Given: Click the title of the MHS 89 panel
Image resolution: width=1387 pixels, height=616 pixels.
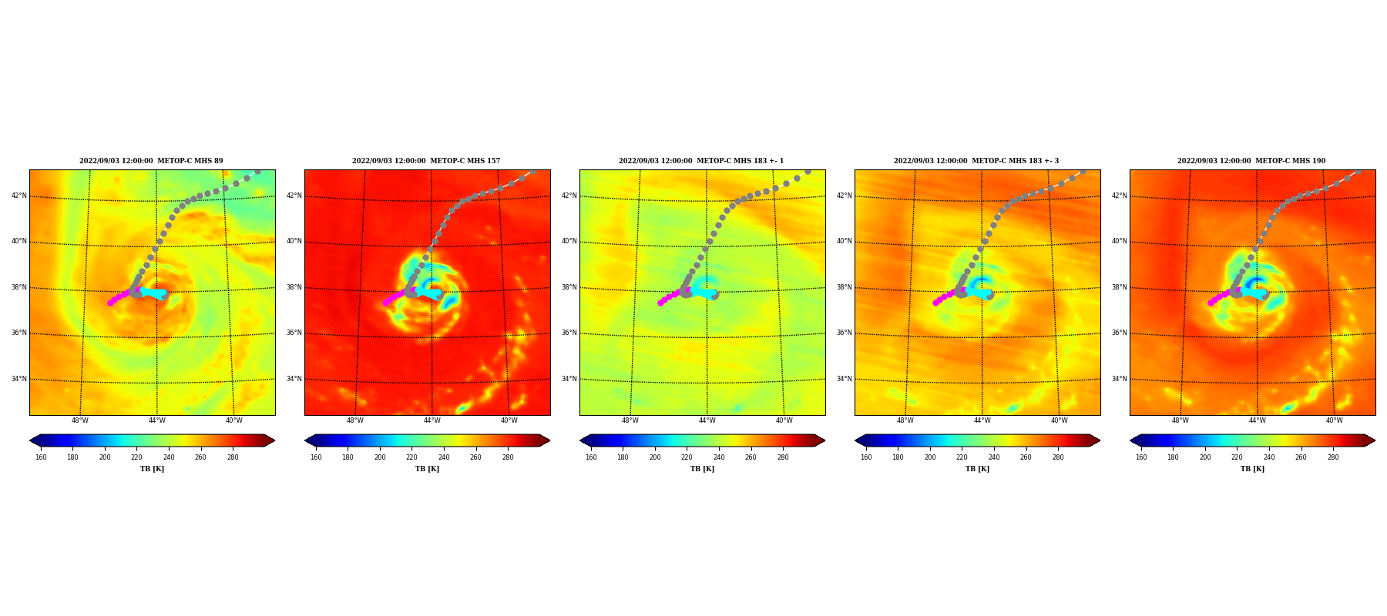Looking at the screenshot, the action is pyautogui.click(x=151, y=161).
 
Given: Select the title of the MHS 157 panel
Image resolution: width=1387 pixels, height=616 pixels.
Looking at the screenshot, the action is pyautogui.click(x=426, y=161).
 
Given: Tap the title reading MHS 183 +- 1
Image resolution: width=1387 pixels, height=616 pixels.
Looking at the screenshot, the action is pyautogui.click(x=701, y=161).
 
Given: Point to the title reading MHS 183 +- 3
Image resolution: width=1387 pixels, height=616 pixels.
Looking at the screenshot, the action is pyautogui.click(x=976, y=161).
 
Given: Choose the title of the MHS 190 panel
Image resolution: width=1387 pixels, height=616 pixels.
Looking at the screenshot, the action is pyautogui.click(x=1251, y=161).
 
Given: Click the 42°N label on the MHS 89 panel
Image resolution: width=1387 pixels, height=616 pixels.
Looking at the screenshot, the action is pyautogui.click(x=19, y=196).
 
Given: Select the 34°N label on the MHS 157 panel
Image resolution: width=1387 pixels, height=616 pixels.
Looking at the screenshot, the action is pyautogui.click(x=294, y=379).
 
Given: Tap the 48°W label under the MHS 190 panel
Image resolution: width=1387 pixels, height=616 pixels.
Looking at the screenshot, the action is pyautogui.click(x=1180, y=420).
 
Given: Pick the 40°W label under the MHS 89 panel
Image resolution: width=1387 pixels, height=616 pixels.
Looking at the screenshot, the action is pyautogui.click(x=233, y=420).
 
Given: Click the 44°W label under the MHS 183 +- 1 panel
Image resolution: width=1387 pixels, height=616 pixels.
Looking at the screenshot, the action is pyautogui.click(x=707, y=420).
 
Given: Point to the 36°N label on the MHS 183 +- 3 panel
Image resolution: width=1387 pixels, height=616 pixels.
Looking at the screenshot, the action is pyautogui.click(x=845, y=333).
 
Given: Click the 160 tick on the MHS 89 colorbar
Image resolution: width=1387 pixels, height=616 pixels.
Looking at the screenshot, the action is pyautogui.click(x=41, y=457).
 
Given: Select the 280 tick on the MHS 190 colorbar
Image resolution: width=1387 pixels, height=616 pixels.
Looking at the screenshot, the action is pyautogui.click(x=1333, y=457).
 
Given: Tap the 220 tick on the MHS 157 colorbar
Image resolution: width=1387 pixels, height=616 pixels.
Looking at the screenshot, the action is pyautogui.click(x=411, y=457).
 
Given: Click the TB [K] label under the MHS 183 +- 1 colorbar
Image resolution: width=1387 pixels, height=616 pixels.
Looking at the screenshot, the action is pyautogui.click(x=702, y=469).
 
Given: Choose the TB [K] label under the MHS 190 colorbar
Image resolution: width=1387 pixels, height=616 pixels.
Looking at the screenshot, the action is pyautogui.click(x=1252, y=469).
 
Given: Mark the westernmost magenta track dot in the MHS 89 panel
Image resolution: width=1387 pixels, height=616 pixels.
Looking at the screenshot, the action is pyautogui.click(x=110, y=303).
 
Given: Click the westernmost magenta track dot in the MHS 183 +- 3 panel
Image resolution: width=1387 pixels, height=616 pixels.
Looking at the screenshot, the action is pyautogui.click(x=935, y=303).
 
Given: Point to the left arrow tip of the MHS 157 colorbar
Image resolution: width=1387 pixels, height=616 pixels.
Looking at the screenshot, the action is pyautogui.click(x=305, y=440).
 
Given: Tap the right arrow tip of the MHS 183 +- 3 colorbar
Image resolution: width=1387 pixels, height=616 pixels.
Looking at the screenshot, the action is pyautogui.click(x=1100, y=440).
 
